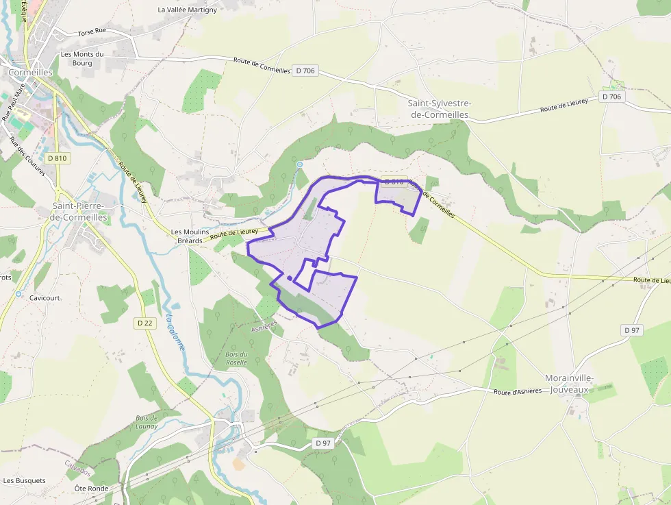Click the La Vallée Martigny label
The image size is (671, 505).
pyautogui.click(x=187, y=10)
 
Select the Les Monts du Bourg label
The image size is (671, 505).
pyautogui.click(x=82, y=58)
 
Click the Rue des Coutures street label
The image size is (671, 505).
pyautogui.click(x=27, y=156)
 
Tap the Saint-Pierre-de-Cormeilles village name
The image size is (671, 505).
pyautogui.click(x=79, y=211)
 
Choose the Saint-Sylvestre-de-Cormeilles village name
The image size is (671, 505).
pyautogui.click(x=439, y=109)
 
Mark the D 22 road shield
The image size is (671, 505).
pyautogui.click(x=144, y=323)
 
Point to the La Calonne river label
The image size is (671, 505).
pyautogui.click(x=175, y=332)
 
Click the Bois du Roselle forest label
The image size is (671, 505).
pyautogui.click(x=236, y=358)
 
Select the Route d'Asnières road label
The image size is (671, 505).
pyautogui.click(x=517, y=391)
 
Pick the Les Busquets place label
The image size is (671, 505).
pyautogui.click(x=24, y=480)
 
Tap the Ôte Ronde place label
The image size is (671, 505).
pyautogui.click(x=92, y=488)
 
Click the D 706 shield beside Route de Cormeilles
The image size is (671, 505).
pyautogui.click(x=305, y=71)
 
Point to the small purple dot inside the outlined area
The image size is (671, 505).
pyautogui.click(x=290, y=278)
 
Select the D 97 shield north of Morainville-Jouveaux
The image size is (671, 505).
pyautogui.click(x=632, y=330)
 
